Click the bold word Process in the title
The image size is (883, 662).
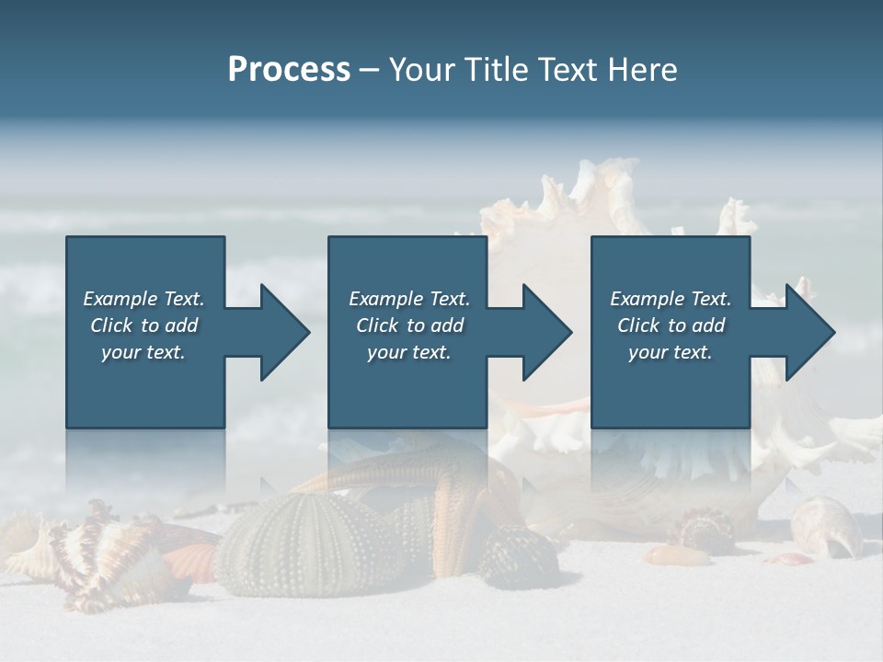point(289,70)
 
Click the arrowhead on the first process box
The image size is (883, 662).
point(281,332)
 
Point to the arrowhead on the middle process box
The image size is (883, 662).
point(543,332)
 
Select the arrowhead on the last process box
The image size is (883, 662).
point(807,332)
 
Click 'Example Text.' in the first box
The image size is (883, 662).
point(143,299)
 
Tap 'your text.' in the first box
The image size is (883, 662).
point(143,352)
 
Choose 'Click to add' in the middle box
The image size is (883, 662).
point(409,325)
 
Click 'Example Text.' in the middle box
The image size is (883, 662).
point(409,299)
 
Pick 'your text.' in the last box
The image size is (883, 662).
point(671,352)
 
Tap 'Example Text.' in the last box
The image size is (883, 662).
point(671,299)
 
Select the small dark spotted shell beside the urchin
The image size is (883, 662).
point(519,557)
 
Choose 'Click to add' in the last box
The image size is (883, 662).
point(671,325)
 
